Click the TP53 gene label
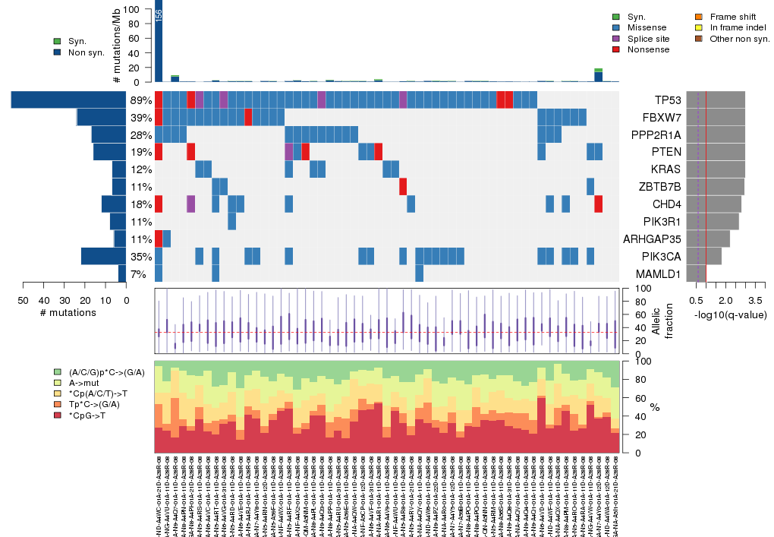[667, 100]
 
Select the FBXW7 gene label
[661, 118]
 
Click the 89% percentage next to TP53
[140, 100]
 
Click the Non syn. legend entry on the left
[87, 52]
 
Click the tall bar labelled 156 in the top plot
[159, 42]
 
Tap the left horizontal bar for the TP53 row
[68, 100]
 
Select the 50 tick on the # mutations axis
[23, 301]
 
